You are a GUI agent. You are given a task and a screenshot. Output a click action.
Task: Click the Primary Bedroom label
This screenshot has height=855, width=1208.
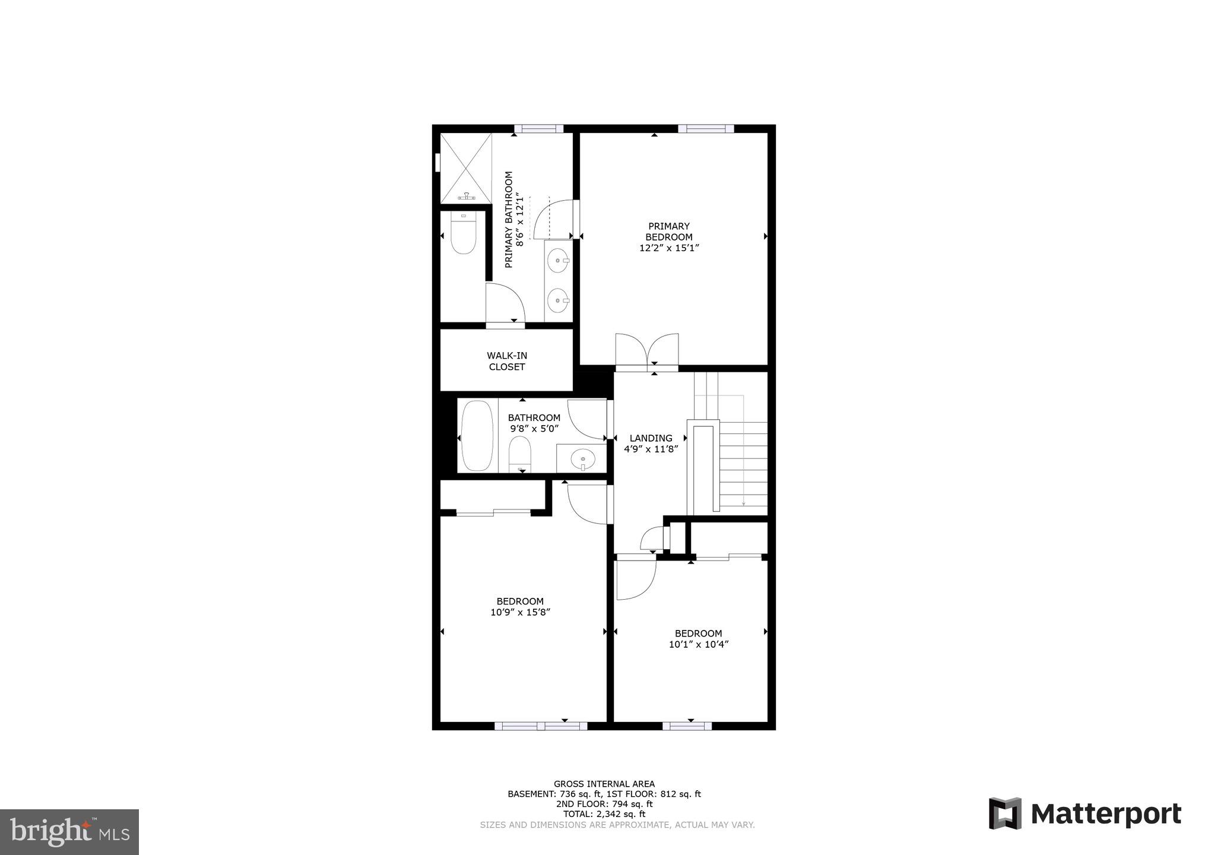(668, 232)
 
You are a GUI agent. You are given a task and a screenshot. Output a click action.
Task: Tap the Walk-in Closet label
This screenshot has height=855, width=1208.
(507, 361)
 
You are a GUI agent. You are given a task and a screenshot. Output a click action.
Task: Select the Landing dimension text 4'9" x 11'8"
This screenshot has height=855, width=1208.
(651, 449)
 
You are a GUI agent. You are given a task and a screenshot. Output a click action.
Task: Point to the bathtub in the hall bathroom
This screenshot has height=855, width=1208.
(477, 436)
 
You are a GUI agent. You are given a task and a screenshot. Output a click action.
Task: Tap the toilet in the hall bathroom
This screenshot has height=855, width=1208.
(521, 454)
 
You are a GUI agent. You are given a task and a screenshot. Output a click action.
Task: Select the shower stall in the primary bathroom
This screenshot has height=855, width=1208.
(466, 167)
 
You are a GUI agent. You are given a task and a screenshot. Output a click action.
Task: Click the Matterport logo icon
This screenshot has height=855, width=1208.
(1005, 813)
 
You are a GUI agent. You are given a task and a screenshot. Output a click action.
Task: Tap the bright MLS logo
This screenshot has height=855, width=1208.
(69, 832)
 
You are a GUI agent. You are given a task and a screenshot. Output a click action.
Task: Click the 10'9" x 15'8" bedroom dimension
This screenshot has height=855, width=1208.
(520, 612)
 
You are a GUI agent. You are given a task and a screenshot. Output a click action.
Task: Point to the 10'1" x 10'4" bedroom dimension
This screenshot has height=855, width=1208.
(698, 644)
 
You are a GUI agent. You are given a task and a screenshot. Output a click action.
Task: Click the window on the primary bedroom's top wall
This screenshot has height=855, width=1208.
(706, 128)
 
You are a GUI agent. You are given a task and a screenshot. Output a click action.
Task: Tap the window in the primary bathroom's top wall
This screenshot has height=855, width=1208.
(538, 128)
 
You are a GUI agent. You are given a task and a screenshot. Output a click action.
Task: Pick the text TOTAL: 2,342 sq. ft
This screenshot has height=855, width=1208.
(604, 814)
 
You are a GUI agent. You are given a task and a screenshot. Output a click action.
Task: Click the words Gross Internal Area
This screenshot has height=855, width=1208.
(604, 784)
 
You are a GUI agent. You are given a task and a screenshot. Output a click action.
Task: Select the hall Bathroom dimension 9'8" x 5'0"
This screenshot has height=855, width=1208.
(534, 428)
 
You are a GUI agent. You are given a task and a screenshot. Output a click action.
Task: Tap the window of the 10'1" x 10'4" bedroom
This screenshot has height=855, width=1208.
(687, 726)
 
